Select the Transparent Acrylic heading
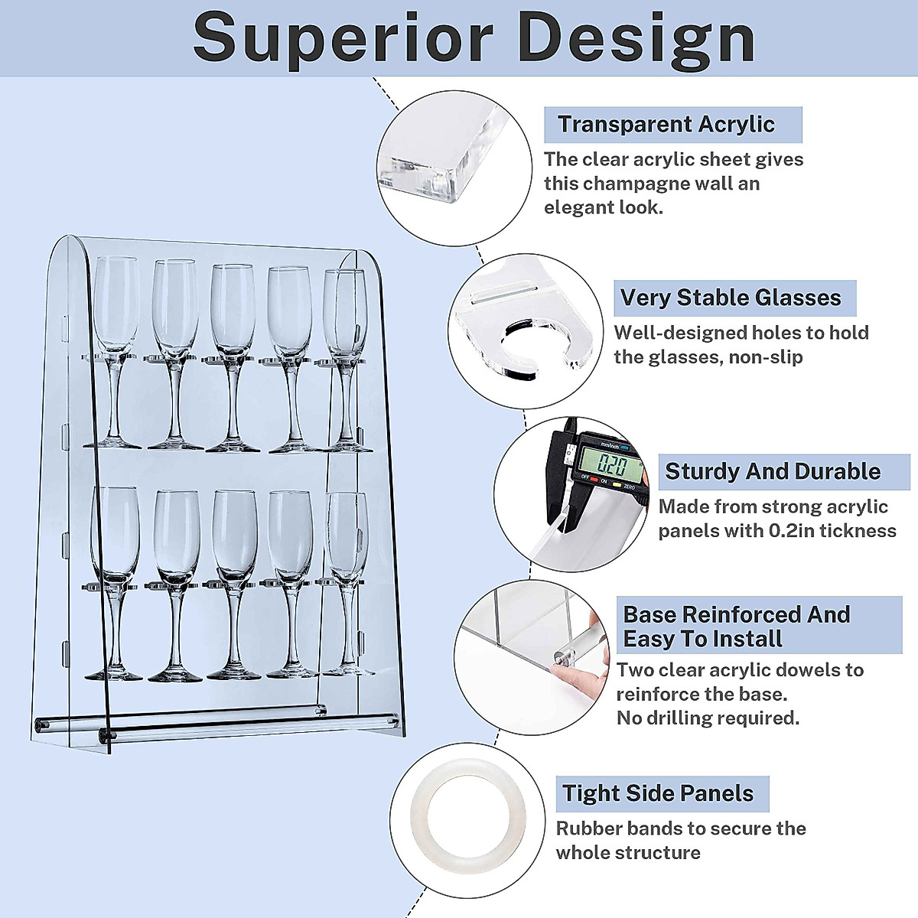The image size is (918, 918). pos(666,124)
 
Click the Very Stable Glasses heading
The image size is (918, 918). pos(731,298)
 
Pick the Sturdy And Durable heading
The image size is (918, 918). pos(773,471)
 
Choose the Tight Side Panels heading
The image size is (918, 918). pos(658,793)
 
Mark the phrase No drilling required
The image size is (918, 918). pos(708,718)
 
